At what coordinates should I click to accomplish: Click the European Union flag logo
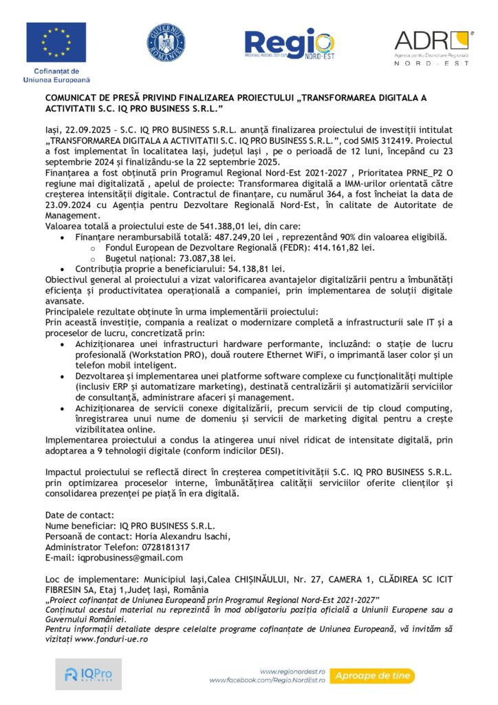pyautogui.click(x=56, y=43)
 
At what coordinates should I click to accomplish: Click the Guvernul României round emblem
pyautogui.click(x=166, y=42)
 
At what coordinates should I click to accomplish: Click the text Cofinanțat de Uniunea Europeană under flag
pyautogui.click(x=56, y=76)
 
